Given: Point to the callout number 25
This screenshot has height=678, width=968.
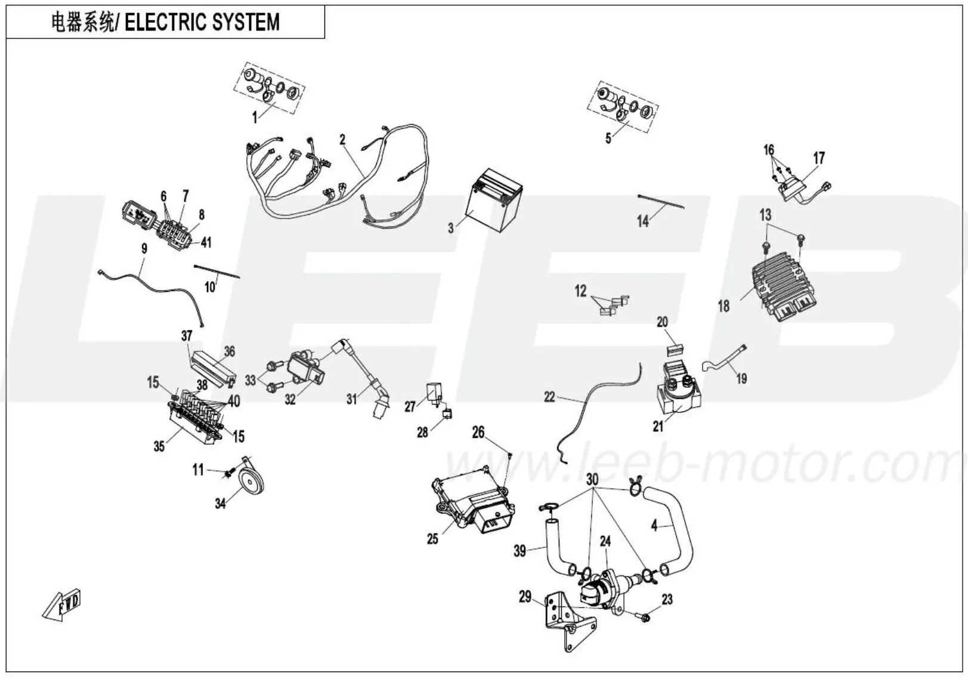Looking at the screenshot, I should [432, 539].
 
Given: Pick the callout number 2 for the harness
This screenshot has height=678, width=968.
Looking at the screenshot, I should [342, 140].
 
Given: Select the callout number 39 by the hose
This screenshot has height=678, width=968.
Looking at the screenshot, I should [520, 550].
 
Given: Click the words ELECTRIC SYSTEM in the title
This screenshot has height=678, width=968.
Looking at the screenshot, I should [202, 23].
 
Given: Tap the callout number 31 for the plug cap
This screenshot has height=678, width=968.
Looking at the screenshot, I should [352, 399].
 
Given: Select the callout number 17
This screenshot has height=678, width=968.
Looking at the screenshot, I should [819, 158].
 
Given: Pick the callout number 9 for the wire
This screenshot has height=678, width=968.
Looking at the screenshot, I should [144, 248].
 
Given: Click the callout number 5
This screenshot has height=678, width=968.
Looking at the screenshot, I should [608, 138].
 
